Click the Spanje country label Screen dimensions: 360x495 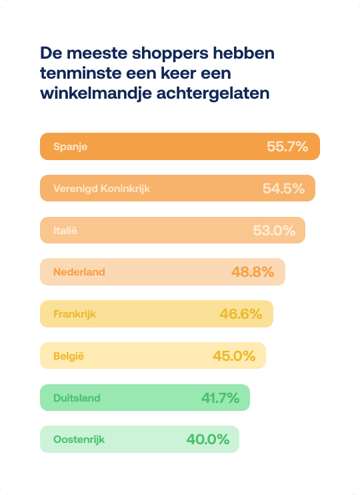click(x=71, y=147)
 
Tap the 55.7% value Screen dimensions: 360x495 click(x=287, y=147)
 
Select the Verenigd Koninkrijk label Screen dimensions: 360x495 click(x=101, y=189)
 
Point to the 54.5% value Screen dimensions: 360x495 click(x=283, y=189)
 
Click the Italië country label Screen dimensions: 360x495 click(x=65, y=230)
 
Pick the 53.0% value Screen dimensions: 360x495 click(x=274, y=230)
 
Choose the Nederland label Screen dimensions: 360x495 click(x=79, y=272)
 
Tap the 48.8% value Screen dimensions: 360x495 click(x=253, y=272)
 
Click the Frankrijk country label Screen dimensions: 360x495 click(x=75, y=314)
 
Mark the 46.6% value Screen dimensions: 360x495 click(x=241, y=314)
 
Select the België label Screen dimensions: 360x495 click(x=69, y=356)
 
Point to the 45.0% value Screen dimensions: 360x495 click(x=234, y=356)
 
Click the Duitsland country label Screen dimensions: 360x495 click(x=77, y=398)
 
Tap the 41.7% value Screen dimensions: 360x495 click(x=221, y=398)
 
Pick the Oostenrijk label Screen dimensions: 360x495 click(x=79, y=440)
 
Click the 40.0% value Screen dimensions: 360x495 click(x=208, y=439)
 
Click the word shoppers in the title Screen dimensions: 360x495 click(x=170, y=53)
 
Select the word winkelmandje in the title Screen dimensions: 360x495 click(x=96, y=94)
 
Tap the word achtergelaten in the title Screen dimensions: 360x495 click(x=213, y=94)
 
